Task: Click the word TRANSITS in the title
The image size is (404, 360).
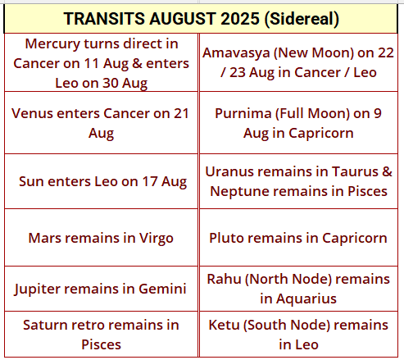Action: pyautogui.click(x=105, y=19)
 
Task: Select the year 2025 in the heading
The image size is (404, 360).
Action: pyautogui.click(x=240, y=19)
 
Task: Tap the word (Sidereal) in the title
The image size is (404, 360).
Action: pyautogui.click(x=302, y=19)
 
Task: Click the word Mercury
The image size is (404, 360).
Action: pyautogui.click(x=52, y=44)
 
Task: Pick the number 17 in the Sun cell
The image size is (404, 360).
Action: pyautogui.click(x=150, y=181)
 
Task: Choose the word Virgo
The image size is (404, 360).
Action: pyautogui.click(x=157, y=239)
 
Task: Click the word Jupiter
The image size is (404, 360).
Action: pyautogui.click(x=37, y=289)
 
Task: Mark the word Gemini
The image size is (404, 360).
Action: pyautogui.click(x=162, y=289)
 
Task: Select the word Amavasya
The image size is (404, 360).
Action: pyautogui.click(x=236, y=53)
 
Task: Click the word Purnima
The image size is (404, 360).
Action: pyautogui.click(x=243, y=114)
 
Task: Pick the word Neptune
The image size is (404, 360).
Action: pyautogui.click(x=239, y=192)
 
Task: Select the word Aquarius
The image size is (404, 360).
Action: pyautogui.click(x=306, y=299)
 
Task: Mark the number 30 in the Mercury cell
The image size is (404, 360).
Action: pyautogui.click(x=110, y=84)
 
